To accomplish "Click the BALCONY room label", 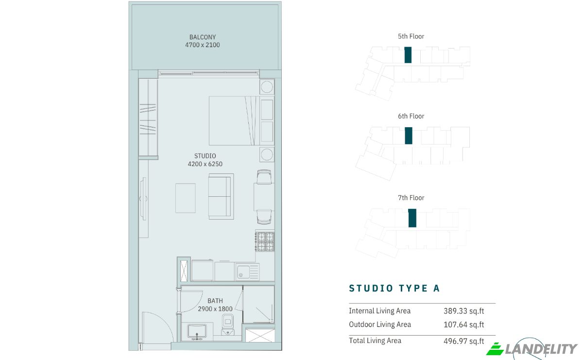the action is click(x=203, y=37).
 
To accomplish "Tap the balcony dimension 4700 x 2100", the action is click(x=203, y=45).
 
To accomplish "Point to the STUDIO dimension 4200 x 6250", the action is click(x=205, y=164).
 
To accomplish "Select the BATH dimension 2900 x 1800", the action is click(x=215, y=309).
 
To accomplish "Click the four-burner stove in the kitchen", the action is click(x=265, y=241).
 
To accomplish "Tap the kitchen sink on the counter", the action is click(x=247, y=272).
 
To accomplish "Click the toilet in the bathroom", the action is click(x=228, y=325).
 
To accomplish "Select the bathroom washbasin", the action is click(x=197, y=332).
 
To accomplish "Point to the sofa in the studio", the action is click(x=221, y=197).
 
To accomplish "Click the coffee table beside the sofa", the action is click(x=185, y=198).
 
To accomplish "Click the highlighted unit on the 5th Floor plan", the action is click(x=408, y=55).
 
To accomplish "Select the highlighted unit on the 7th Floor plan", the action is click(x=412, y=218).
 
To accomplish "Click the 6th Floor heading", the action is click(x=411, y=116).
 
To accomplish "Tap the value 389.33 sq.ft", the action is click(x=464, y=311).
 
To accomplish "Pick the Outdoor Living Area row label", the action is click(x=380, y=325).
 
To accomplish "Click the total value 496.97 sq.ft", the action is click(x=464, y=341).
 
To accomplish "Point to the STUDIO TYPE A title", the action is click(x=394, y=288).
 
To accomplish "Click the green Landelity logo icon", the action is click(x=495, y=349).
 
